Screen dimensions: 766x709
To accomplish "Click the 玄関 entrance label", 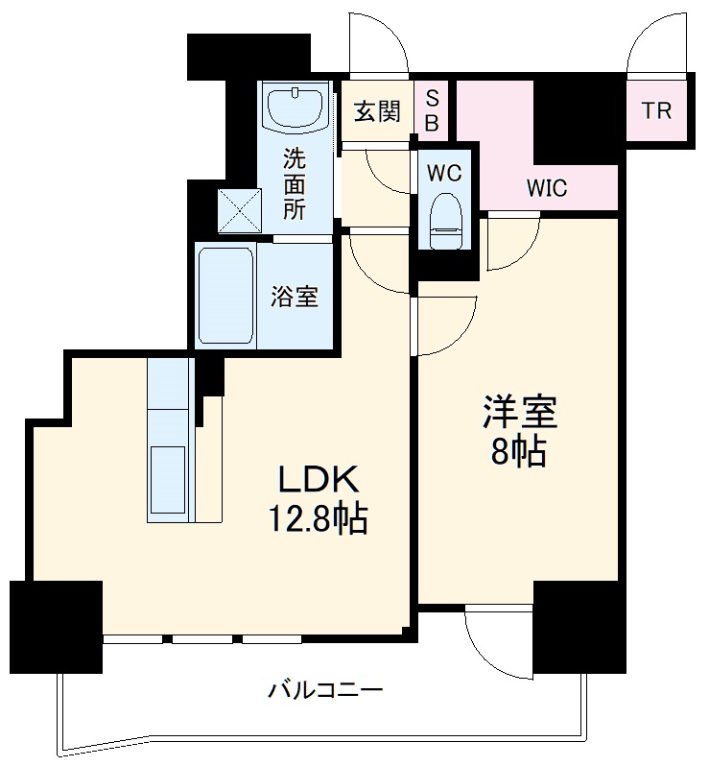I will pyautogui.click(x=377, y=112).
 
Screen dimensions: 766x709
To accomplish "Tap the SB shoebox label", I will pyautogui.click(x=433, y=109).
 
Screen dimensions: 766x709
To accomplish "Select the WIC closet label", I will pyautogui.click(x=546, y=187).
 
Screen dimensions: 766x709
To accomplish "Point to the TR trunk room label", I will pyautogui.click(x=657, y=110).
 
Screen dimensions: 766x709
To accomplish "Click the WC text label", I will pyautogui.click(x=445, y=174).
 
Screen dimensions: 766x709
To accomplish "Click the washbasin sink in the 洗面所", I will pyautogui.click(x=295, y=108).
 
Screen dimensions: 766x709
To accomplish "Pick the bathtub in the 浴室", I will pyautogui.click(x=225, y=296).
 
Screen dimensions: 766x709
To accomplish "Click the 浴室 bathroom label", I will pyautogui.click(x=294, y=297).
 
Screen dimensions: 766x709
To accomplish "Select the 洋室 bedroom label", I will pyautogui.click(x=519, y=413).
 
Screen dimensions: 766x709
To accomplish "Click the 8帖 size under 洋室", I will pyautogui.click(x=519, y=452).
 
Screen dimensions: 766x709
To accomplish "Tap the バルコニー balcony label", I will pyautogui.click(x=325, y=689).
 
